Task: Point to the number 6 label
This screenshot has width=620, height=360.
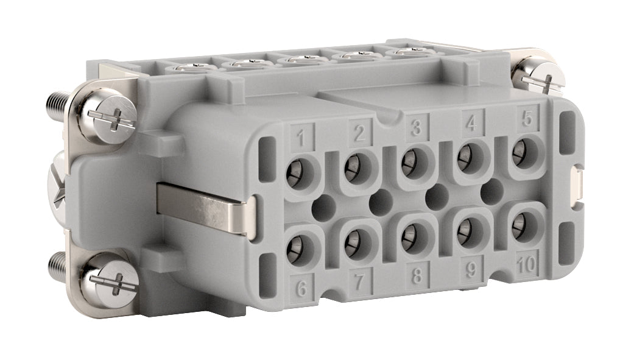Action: coord(301,288)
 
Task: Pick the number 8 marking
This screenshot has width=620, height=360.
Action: coord(417,275)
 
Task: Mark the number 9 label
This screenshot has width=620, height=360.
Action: coord(471,269)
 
